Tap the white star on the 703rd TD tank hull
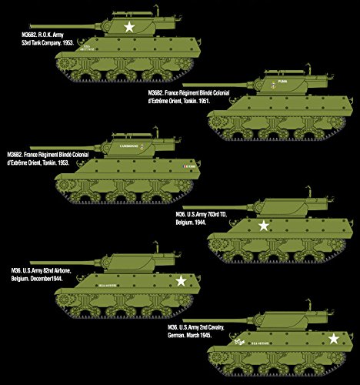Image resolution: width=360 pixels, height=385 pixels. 264,226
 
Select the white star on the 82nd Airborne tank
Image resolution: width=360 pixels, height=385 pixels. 182,282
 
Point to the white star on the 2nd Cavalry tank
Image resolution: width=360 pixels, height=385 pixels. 334,338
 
